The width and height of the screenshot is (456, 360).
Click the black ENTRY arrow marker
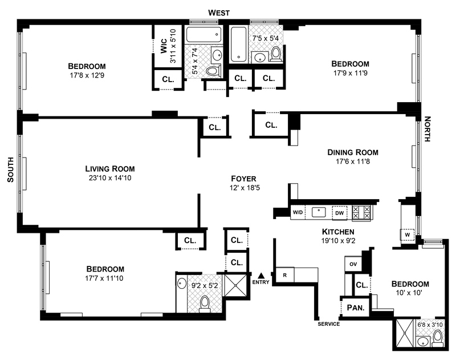point(261,276)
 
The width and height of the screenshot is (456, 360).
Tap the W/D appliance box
point(298,213)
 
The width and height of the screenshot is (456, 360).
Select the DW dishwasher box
point(339,213)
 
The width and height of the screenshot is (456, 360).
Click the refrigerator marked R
point(284,274)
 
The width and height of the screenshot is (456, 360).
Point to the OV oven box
point(352,265)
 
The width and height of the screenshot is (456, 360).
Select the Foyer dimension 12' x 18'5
point(243,188)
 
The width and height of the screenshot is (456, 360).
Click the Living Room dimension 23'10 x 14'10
point(110,178)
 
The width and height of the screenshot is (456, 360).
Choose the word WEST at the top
point(219,13)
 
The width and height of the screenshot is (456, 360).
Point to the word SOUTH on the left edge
point(10,171)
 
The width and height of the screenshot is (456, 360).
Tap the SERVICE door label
point(329,324)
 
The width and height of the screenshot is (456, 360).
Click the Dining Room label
point(352,152)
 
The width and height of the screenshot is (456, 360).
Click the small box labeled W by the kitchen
point(408,233)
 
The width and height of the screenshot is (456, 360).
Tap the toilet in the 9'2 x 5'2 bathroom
point(205,302)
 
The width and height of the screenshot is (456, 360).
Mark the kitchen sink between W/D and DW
point(319,212)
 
